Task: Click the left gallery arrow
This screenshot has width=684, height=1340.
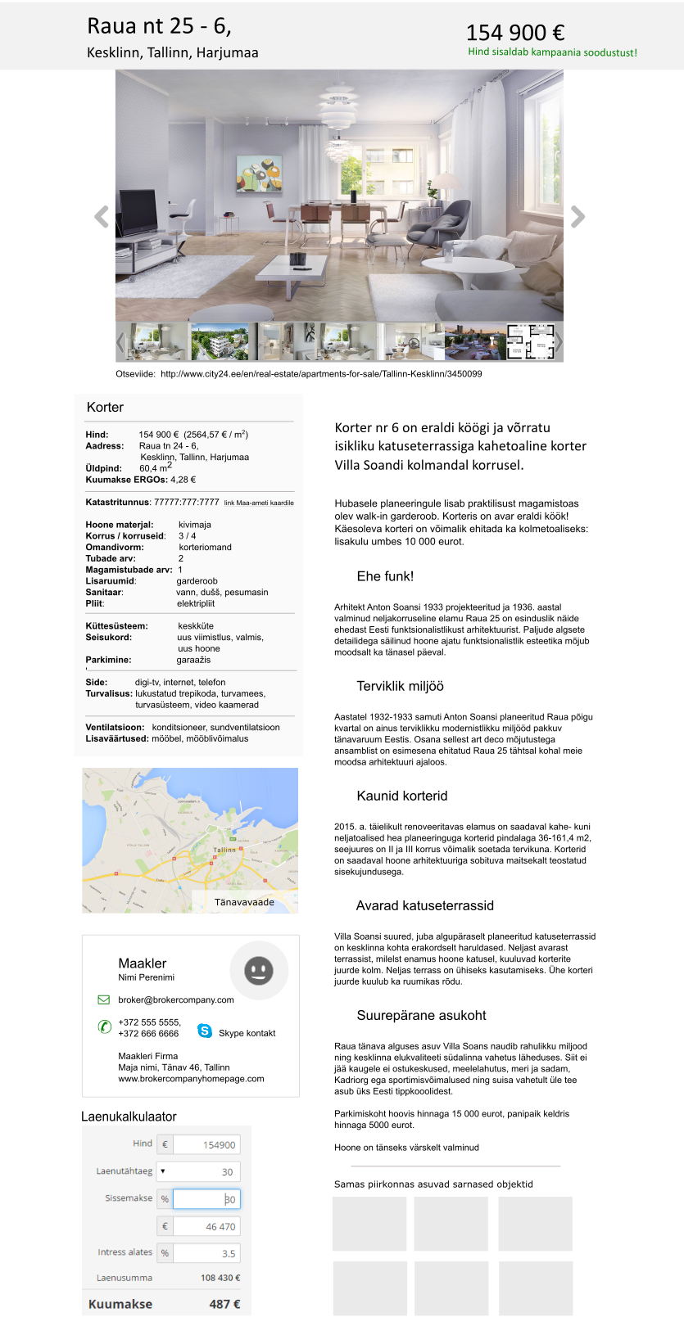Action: pos(102,217)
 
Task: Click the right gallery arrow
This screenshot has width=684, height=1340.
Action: pos(578,217)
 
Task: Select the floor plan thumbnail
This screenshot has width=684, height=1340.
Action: pos(530,341)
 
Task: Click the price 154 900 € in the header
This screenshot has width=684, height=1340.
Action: pos(515,33)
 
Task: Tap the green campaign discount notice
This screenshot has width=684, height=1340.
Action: pos(552,52)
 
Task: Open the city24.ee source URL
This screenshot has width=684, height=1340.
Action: pos(321,374)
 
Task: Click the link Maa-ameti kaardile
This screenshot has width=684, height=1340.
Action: pos(259,503)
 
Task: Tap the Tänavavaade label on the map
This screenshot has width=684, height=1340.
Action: pos(244,902)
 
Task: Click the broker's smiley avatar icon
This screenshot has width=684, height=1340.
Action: pos(259,971)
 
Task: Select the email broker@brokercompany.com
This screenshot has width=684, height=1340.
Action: pos(176,999)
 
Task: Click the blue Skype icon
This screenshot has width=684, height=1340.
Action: pos(205,1031)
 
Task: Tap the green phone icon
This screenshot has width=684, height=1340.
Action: pos(105,1026)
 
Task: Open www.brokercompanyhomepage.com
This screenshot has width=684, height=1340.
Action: pos(191,1079)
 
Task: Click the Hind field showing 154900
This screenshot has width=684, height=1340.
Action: pos(206,1145)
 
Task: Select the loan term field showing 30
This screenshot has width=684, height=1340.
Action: pos(206,1171)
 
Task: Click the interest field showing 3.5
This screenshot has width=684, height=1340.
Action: pos(206,1253)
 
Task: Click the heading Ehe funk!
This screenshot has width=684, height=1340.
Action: pos(385,576)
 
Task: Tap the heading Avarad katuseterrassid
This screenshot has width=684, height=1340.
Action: pos(424,905)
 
